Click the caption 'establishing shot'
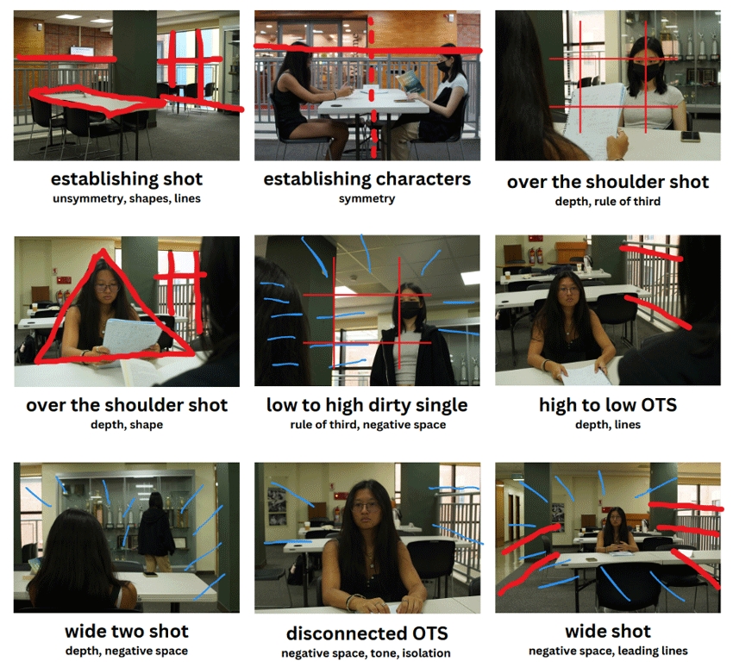127,179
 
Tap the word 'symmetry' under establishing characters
367,198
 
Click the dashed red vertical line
373,87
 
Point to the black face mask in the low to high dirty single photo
410,310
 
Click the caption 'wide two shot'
127,631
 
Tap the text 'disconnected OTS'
367,633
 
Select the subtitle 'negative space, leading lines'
608,651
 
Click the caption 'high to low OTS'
608,405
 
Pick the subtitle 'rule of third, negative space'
368,425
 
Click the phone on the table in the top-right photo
690,136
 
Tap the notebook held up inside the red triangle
132,336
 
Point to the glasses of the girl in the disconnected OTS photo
366,507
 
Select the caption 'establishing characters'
367,179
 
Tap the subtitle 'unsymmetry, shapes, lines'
127,198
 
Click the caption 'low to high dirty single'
367,405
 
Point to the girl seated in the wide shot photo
616,531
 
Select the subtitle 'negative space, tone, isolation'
366,653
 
